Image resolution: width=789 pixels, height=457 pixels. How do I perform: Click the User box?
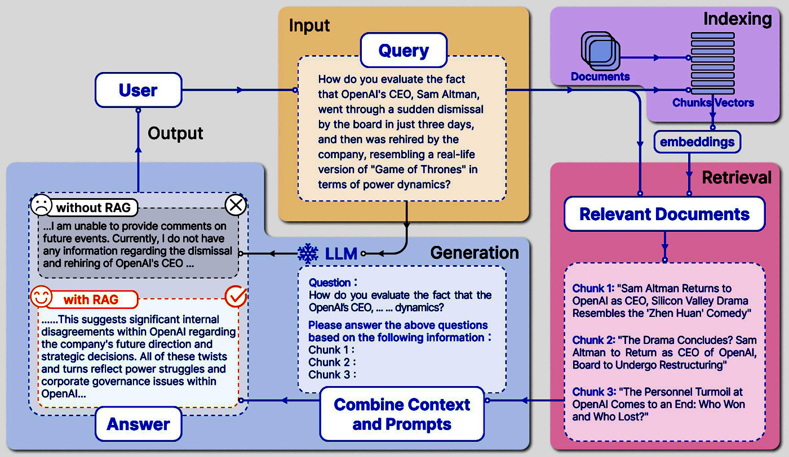[138, 90]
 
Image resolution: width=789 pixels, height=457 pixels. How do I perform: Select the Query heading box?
[404, 51]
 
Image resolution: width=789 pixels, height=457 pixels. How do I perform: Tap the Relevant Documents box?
[664, 214]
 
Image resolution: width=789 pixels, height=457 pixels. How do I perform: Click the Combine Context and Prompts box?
[402, 414]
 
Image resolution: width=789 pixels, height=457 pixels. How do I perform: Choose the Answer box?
[138, 423]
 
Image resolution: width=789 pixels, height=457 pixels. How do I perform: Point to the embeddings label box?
[697, 141]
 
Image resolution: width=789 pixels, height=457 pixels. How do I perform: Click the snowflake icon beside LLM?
[308, 254]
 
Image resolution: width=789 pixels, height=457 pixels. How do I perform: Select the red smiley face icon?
[41, 297]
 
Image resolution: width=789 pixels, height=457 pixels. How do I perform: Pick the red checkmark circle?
[236, 297]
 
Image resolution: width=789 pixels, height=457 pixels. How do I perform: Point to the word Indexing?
[737, 19]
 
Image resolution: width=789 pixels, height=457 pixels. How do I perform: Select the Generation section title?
[475, 253]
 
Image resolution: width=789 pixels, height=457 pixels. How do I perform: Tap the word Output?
[175, 133]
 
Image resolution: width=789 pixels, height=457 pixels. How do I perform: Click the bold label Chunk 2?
[593, 340]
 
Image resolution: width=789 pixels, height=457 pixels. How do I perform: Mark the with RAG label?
[91, 299]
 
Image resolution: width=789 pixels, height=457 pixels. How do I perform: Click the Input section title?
[309, 25]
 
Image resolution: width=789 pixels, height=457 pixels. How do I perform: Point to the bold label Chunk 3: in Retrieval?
[593, 392]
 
